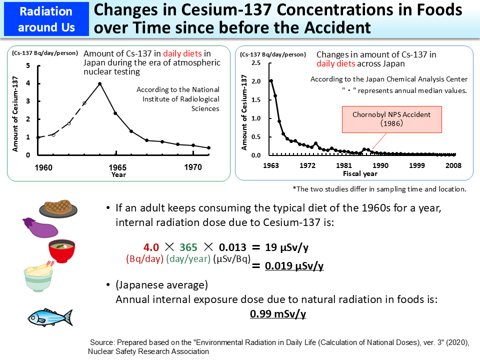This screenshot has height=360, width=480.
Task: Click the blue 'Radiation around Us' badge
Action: point(45,19)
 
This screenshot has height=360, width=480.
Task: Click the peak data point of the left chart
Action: point(100,83)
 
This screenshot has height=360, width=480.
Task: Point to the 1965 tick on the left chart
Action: point(118,167)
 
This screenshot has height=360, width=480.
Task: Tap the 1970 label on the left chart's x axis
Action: point(193,167)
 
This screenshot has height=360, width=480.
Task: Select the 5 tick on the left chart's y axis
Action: point(28,66)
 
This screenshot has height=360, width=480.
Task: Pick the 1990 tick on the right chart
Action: point(380,165)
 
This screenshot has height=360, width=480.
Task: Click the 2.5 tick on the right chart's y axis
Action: point(255,63)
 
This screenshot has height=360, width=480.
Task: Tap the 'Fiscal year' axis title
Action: point(360,174)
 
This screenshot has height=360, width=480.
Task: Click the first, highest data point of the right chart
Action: point(271,81)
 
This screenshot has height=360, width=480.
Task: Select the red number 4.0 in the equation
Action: point(151,247)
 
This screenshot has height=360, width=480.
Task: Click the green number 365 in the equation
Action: point(188,247)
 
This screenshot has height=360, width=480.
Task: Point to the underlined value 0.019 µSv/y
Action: point(294,266)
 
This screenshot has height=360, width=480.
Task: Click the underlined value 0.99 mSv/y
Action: point(277,314)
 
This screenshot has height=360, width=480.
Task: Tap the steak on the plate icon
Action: point(59,207)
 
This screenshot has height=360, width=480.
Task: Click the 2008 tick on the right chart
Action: point(453,165)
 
